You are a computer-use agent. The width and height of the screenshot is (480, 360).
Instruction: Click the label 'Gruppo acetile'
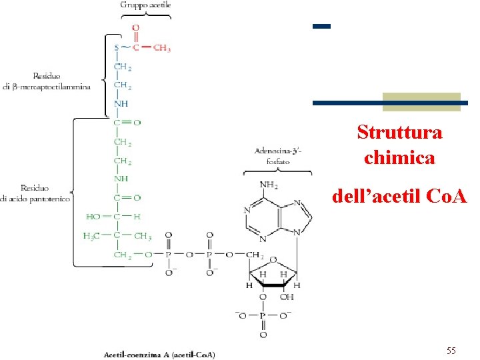[x=145, y=5]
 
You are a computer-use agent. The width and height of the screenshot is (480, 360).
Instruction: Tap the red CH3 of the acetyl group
[x=162, y=48]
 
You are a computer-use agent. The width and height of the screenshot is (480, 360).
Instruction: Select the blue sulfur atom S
[x=117, y=48]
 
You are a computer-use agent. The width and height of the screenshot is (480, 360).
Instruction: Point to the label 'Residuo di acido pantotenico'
[x=34, y=193]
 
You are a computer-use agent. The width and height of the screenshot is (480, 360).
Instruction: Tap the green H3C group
[x=93, y=237]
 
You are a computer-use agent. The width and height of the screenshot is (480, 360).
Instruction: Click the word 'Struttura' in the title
[x=399, y=132]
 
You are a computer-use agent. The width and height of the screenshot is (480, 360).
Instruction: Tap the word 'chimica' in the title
[x=399, y=158]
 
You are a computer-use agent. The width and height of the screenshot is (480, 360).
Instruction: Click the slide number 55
[x=451, y=351]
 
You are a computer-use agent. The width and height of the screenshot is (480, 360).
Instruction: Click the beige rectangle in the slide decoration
[x=421, y=101]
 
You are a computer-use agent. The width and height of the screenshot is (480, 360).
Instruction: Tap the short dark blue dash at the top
[x=321, y=26]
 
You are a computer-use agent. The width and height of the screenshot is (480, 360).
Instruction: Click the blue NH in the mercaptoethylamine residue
[x=121, y=104]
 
